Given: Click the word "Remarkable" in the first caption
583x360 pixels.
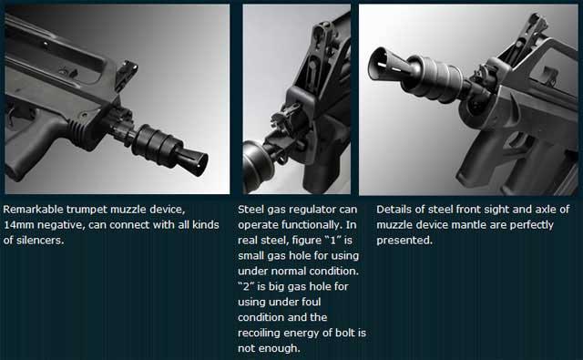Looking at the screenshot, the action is [x=34, y=210].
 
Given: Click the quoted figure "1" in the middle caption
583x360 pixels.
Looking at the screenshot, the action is [x=332, y=241].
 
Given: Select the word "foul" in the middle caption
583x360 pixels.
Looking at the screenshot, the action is [x=312, y=302].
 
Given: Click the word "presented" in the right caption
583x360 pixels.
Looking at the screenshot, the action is [x=404, y=241].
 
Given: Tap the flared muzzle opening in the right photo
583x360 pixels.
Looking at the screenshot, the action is [x=379, y=65].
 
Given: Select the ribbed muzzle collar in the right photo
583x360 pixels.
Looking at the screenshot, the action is [x=435, y=78].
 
